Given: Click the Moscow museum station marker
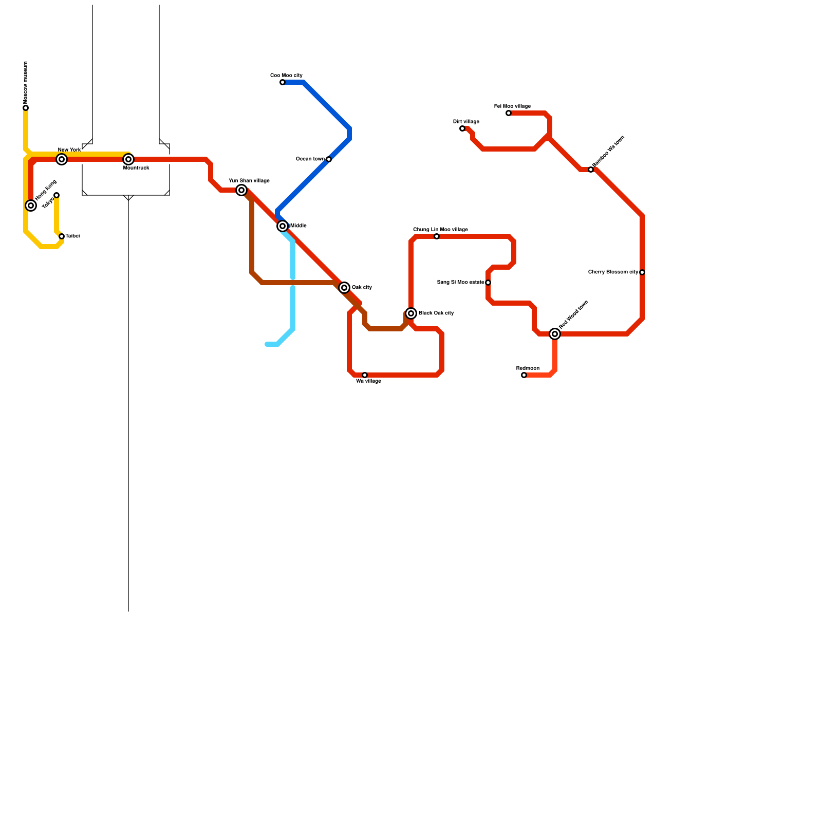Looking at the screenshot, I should click(26, 108).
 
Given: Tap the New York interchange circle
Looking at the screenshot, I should click(62, 159).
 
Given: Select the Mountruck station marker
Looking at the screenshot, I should click(128, 159).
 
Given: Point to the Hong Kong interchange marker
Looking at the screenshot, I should click(31, 206).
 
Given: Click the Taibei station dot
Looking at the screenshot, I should click(62, 236).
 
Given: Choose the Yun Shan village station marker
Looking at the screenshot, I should click(241, 190).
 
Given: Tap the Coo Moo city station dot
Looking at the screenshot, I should click(283, 82).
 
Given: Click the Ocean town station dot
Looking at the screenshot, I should click(329, 159).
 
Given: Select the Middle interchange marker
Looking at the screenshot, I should click(283, 226).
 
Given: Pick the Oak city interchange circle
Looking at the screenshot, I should click(344, 288).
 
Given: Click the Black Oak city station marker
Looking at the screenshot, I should click(411, 313).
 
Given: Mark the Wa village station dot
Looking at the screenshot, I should click(365, 375).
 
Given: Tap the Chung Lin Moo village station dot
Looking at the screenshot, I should click(437, 236).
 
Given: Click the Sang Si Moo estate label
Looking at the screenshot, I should click(460, 283).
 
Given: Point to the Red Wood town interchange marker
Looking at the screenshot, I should click(555, 334).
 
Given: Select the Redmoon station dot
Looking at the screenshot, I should click(524, 375).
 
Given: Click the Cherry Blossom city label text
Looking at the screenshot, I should click(613, 272).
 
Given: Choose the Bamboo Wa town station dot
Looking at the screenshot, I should click(591, 170).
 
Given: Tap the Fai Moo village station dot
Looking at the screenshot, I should click(509, 113).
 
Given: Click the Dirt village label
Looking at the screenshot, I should click(466, 122).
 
